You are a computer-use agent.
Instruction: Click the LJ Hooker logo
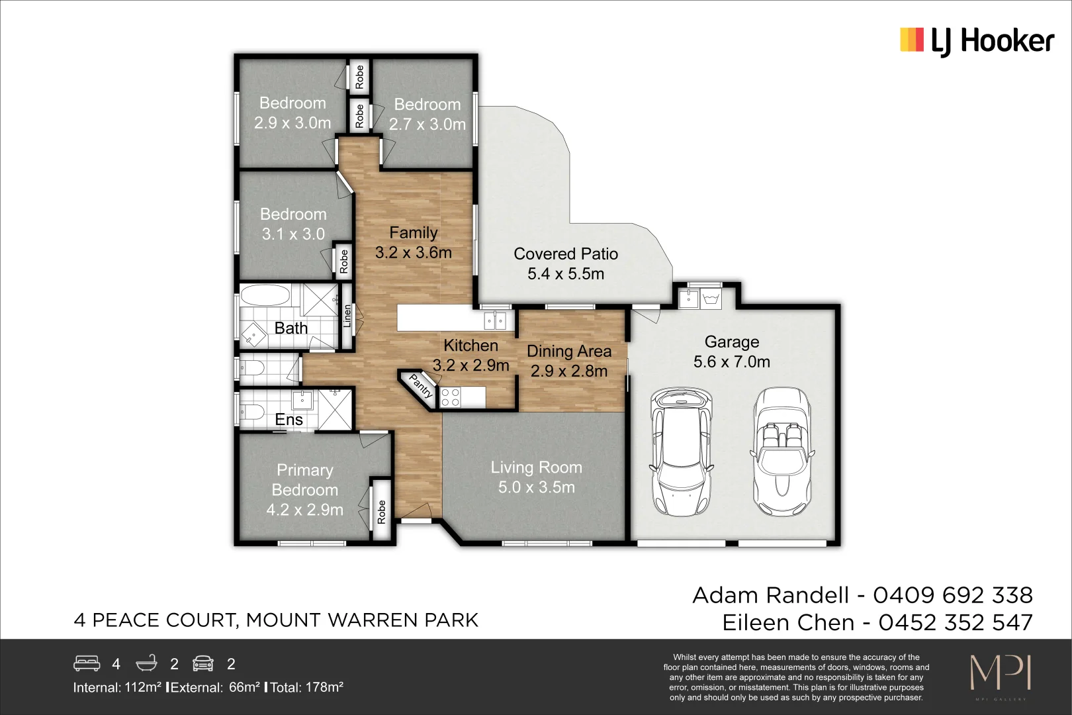(977, 41)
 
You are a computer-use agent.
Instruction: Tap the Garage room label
(731, 342)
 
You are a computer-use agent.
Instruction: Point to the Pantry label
(421, 386)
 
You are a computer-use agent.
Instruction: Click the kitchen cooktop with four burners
(451, 397)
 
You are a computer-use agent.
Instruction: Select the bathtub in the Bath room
(265, 296)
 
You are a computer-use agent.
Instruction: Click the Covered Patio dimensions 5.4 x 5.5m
(566, 274)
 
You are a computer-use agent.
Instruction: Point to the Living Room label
(536, 467)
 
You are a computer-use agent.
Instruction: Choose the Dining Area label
(568, 352)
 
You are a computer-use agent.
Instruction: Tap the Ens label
(289, 420)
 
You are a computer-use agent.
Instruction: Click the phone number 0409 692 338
(953, 595)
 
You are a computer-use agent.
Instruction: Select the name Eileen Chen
(788, 623)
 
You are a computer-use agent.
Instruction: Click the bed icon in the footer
(87, 663)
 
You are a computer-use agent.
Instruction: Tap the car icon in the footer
(203, 663)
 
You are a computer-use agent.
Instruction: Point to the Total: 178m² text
(308, 687)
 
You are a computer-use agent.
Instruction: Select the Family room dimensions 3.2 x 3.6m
(413, 253)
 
